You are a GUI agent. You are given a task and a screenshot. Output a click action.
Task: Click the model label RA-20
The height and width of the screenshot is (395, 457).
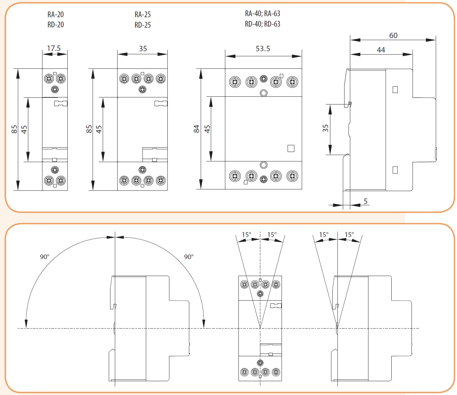click(x=56, y=14)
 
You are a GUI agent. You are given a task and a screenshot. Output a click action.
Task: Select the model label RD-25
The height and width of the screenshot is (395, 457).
click(x=142, y=25)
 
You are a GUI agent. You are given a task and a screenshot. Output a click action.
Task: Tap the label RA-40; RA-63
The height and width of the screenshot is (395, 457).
click(x=262, y=13)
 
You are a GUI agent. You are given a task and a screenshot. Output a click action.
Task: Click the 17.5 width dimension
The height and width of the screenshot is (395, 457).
click(x=54, y=48)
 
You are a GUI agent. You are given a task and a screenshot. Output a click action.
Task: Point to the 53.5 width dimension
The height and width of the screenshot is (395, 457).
click(x=263, y=49)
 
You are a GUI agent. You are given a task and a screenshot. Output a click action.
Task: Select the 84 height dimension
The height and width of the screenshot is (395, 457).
click(x=197, y=129)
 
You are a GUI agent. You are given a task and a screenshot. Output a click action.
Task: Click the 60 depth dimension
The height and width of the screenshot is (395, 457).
click(x=393, y=35)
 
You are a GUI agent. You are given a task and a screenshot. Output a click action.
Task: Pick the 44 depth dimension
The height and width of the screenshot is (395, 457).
click(x=381, y=50)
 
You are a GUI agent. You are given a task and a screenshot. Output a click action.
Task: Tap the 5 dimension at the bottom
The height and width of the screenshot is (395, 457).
click(x=366, y=201)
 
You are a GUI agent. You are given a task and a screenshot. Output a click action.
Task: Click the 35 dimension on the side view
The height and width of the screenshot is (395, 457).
click(x=325, y=128)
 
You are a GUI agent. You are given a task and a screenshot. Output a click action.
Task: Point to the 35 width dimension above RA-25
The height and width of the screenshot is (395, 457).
click(x=143, y=49)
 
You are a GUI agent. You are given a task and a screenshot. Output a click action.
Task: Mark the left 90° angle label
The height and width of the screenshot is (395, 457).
click(x=45, y=257)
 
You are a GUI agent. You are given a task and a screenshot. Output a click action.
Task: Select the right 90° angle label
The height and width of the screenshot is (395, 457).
click(x=189, y=257)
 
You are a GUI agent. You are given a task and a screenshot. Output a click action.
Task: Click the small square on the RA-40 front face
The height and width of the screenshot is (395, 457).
click(x=291, y=148)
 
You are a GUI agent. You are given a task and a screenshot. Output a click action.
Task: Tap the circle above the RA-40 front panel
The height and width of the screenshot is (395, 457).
click(x=264, y=93)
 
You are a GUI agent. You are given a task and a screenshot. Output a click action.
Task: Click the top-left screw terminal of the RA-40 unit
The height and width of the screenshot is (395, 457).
click(x=235, y=82)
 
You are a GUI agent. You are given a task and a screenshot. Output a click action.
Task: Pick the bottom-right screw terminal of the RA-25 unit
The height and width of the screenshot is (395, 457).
click(x=161, y=180)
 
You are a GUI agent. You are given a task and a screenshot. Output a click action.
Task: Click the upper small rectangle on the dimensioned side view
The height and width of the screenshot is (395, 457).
click(x=395, y=90)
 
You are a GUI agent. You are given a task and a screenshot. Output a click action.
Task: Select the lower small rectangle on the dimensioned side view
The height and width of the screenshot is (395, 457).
click(x=395, y=170)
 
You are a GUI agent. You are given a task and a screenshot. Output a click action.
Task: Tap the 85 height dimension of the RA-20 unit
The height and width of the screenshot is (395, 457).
click(x=14, y=129)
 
